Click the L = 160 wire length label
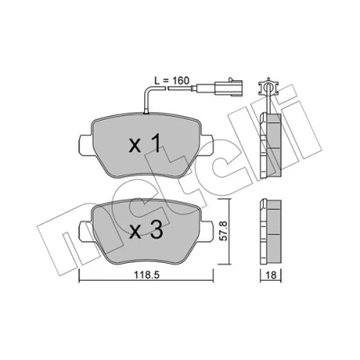172,80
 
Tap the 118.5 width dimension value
146,275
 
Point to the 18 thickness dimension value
271,275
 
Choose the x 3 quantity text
146,230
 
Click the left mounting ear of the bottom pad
85,230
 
